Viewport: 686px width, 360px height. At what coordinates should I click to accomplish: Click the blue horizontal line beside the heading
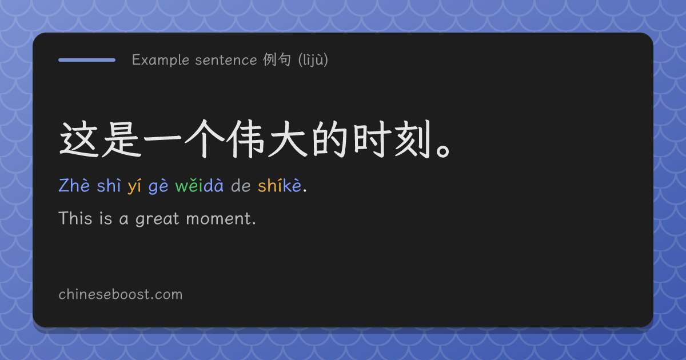click(x=87, y=60)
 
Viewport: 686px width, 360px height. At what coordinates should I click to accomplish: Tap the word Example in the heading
click(x=161, y=60)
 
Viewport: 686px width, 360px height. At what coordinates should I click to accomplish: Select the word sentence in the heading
click(x=226, y=60)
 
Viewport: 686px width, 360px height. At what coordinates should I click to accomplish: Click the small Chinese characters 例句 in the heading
click(x=277, y=59)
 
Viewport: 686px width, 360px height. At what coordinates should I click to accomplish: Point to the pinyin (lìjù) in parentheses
click(x=313, y=60)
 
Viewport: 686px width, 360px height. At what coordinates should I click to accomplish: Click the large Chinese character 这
click(x=79, y=139)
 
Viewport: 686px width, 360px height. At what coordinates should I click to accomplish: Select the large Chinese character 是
click(x=121, y=139)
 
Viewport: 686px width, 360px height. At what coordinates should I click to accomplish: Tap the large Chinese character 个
click(x=205, y=139)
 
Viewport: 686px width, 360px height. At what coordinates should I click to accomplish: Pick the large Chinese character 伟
click(x=246, y=139)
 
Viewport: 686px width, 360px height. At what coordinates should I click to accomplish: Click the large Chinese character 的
click(x=330, y=139)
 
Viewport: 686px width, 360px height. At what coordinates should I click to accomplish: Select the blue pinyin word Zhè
click(x=74, y=186)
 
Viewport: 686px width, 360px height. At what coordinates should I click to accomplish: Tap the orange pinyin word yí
click(x=134, y=186)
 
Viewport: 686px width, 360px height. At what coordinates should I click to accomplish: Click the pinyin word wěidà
click(x=199, y=186)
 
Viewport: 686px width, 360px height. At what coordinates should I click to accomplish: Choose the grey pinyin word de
click(x=241, y=186)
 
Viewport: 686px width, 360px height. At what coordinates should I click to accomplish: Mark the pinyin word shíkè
click(x=280, y=186)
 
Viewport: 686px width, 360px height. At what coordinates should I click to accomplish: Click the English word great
click(x=157, y=219)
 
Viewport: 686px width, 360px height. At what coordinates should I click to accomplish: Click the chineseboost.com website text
click(x=121, y=294)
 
